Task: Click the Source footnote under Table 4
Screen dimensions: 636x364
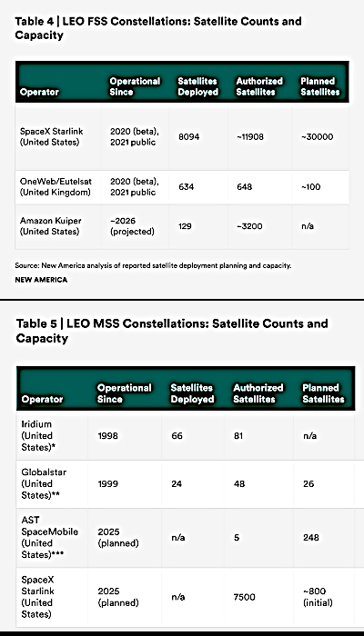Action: point(152,265)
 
